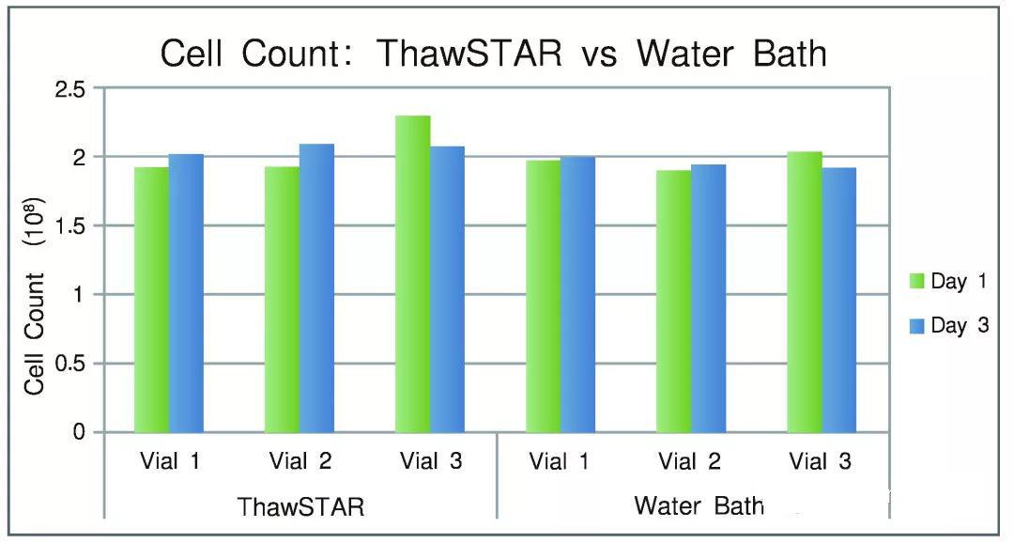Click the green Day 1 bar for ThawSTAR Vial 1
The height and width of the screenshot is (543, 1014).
pos(152,300)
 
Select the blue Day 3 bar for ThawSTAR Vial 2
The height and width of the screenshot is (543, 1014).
pos(317,288)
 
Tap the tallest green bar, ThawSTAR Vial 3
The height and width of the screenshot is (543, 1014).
pos(412,273)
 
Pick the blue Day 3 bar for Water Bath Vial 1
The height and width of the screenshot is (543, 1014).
pos(578,294)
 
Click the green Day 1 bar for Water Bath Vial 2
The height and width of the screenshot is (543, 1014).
pos(674,301)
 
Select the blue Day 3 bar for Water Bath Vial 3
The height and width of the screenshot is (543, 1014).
pos(839,300)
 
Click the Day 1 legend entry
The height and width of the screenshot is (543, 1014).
pos(948,282)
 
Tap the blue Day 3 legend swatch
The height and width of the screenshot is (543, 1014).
pos(917,326)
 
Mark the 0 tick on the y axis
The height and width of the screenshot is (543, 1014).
pos(78,432)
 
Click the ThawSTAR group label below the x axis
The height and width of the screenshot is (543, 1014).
pos(300,506)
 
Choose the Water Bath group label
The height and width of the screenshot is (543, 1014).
pos(699,504)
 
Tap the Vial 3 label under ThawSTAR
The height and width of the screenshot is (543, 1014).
pos(431,461)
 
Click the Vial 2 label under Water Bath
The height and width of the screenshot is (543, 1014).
pos(689,461)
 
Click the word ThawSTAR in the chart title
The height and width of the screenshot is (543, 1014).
pos(469,53)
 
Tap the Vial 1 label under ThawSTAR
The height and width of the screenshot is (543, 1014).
pos(169,461)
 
